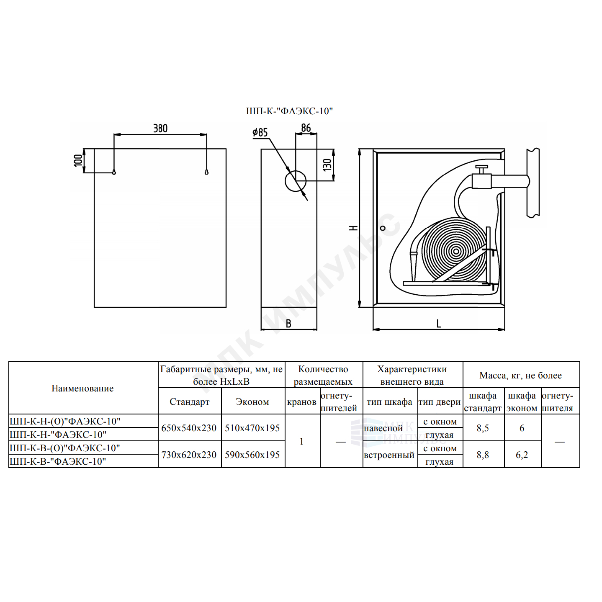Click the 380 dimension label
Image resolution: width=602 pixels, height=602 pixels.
click(160, 129)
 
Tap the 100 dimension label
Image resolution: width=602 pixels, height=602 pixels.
click(78, 160)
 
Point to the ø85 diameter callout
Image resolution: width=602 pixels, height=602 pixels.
click(260, 132)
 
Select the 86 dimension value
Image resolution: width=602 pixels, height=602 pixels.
click(306, 128)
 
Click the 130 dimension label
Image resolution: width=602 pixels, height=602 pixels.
click(327, 165)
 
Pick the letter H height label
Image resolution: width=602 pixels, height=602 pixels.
click(353, 228)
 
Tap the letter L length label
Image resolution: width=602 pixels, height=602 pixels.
click(439, 324)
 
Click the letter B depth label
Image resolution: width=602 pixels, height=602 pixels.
click(288, 324)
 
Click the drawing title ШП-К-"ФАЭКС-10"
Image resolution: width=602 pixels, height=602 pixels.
click(289, 111)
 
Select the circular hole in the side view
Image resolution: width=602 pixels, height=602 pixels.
click(295, 181)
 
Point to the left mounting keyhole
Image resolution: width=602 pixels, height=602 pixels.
click(114, 172)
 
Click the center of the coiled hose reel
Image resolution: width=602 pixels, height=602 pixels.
click(456, 251)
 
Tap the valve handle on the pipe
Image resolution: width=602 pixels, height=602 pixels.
click(481, 168)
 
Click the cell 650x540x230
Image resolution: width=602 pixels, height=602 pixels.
click(189, 428)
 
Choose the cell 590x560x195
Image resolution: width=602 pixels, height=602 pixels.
click(252, 455)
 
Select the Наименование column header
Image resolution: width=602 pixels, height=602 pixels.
click(82, 388)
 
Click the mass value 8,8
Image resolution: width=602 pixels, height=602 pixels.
click(483, 455)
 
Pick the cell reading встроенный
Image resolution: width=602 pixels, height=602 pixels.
click(389, 455)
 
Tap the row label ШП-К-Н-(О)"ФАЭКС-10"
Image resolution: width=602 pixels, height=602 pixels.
click(65, 421)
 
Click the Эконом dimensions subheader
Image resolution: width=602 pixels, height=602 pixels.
click(252, 402)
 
